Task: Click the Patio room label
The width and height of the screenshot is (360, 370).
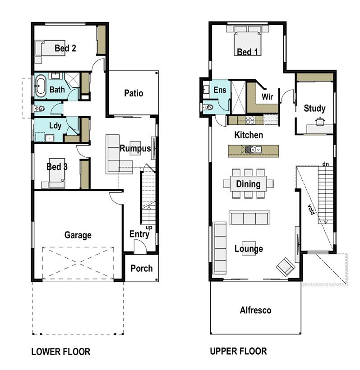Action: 134,93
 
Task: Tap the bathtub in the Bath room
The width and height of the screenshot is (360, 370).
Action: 41,86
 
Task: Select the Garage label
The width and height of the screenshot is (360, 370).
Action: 78,235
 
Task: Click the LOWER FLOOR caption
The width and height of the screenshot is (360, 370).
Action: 61,352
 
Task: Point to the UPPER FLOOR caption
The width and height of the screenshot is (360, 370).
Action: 238,351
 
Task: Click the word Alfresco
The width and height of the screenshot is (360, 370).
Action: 256,310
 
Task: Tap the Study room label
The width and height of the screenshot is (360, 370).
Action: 314,108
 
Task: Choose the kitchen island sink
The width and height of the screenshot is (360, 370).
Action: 253,150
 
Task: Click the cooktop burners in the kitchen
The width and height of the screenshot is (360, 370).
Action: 250,120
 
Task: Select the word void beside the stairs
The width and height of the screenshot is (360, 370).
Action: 311,209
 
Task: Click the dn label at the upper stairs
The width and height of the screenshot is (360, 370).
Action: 326,164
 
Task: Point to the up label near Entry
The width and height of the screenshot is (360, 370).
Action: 149,228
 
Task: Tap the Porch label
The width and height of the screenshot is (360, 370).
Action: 142,268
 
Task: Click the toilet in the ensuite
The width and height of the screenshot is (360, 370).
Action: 208,107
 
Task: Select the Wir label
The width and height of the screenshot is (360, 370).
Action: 267,96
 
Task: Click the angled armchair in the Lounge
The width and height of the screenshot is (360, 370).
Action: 286,267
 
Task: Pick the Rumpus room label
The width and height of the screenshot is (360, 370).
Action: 135,148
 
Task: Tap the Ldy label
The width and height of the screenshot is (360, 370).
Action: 55,126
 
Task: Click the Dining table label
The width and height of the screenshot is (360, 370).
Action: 248,184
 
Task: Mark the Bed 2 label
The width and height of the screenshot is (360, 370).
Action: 65,48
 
